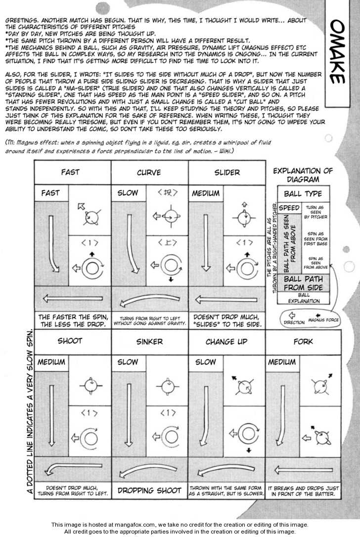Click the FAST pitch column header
coord(70,173)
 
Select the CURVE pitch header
coord(149,173)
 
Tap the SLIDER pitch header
coord(227,173)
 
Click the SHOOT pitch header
coord(70,341)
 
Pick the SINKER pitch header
coord(149,342)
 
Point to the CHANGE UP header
coord(226,341)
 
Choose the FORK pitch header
coord(303,341)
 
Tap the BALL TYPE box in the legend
coord(303,194)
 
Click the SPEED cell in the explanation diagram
coord(289,208)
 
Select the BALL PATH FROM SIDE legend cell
coord(303,283)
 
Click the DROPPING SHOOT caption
coord(149,491)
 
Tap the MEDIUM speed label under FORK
coord(282,362)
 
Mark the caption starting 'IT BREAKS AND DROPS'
coord(303,491)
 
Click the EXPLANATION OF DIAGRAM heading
coord(303,175)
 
